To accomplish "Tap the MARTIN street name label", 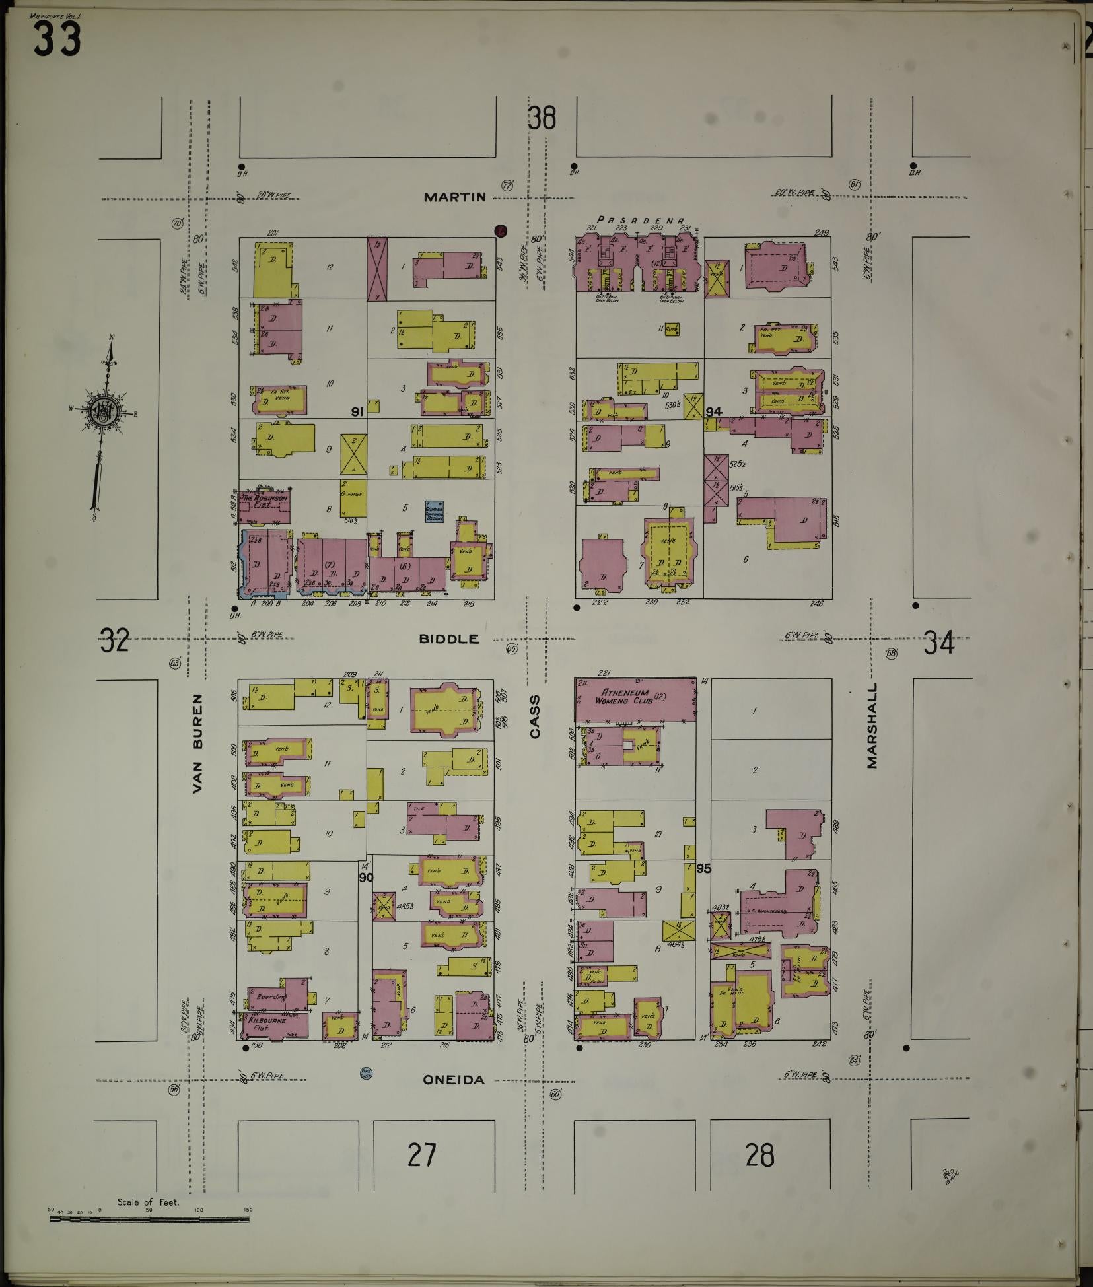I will (455, 197).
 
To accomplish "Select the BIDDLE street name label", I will (449, 639).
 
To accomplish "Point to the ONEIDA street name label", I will (454, 1080).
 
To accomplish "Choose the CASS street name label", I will (535, 716).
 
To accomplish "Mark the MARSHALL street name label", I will (873, 725).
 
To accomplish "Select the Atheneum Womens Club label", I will (627, 695).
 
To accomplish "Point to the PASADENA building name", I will (641, 220).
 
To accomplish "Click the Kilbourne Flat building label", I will (267, 1021).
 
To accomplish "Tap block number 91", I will (357, 412).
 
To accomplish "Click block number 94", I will (713, 411).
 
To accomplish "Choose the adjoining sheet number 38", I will (542, 119).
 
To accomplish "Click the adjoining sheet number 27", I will (422, 1155).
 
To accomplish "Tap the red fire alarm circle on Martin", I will (501, 230).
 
